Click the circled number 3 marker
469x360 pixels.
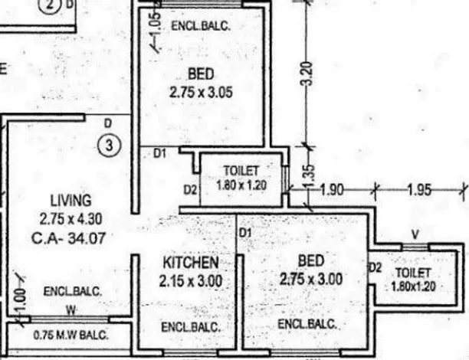(x=110, y=144)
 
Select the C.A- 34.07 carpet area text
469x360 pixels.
(x=67, y=238)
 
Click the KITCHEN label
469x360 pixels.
(x=191, y=263)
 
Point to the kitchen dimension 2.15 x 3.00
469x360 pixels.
(x=191, y=281)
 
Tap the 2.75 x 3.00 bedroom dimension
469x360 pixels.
(x=310, y=279)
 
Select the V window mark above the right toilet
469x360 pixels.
(x=415, y=234)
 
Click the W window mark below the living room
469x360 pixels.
(x=70, y=310)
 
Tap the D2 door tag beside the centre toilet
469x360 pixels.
(x=190, y=188)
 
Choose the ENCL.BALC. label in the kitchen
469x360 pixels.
(x=191, y=327)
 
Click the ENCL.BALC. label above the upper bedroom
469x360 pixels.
(x=199, y=26)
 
